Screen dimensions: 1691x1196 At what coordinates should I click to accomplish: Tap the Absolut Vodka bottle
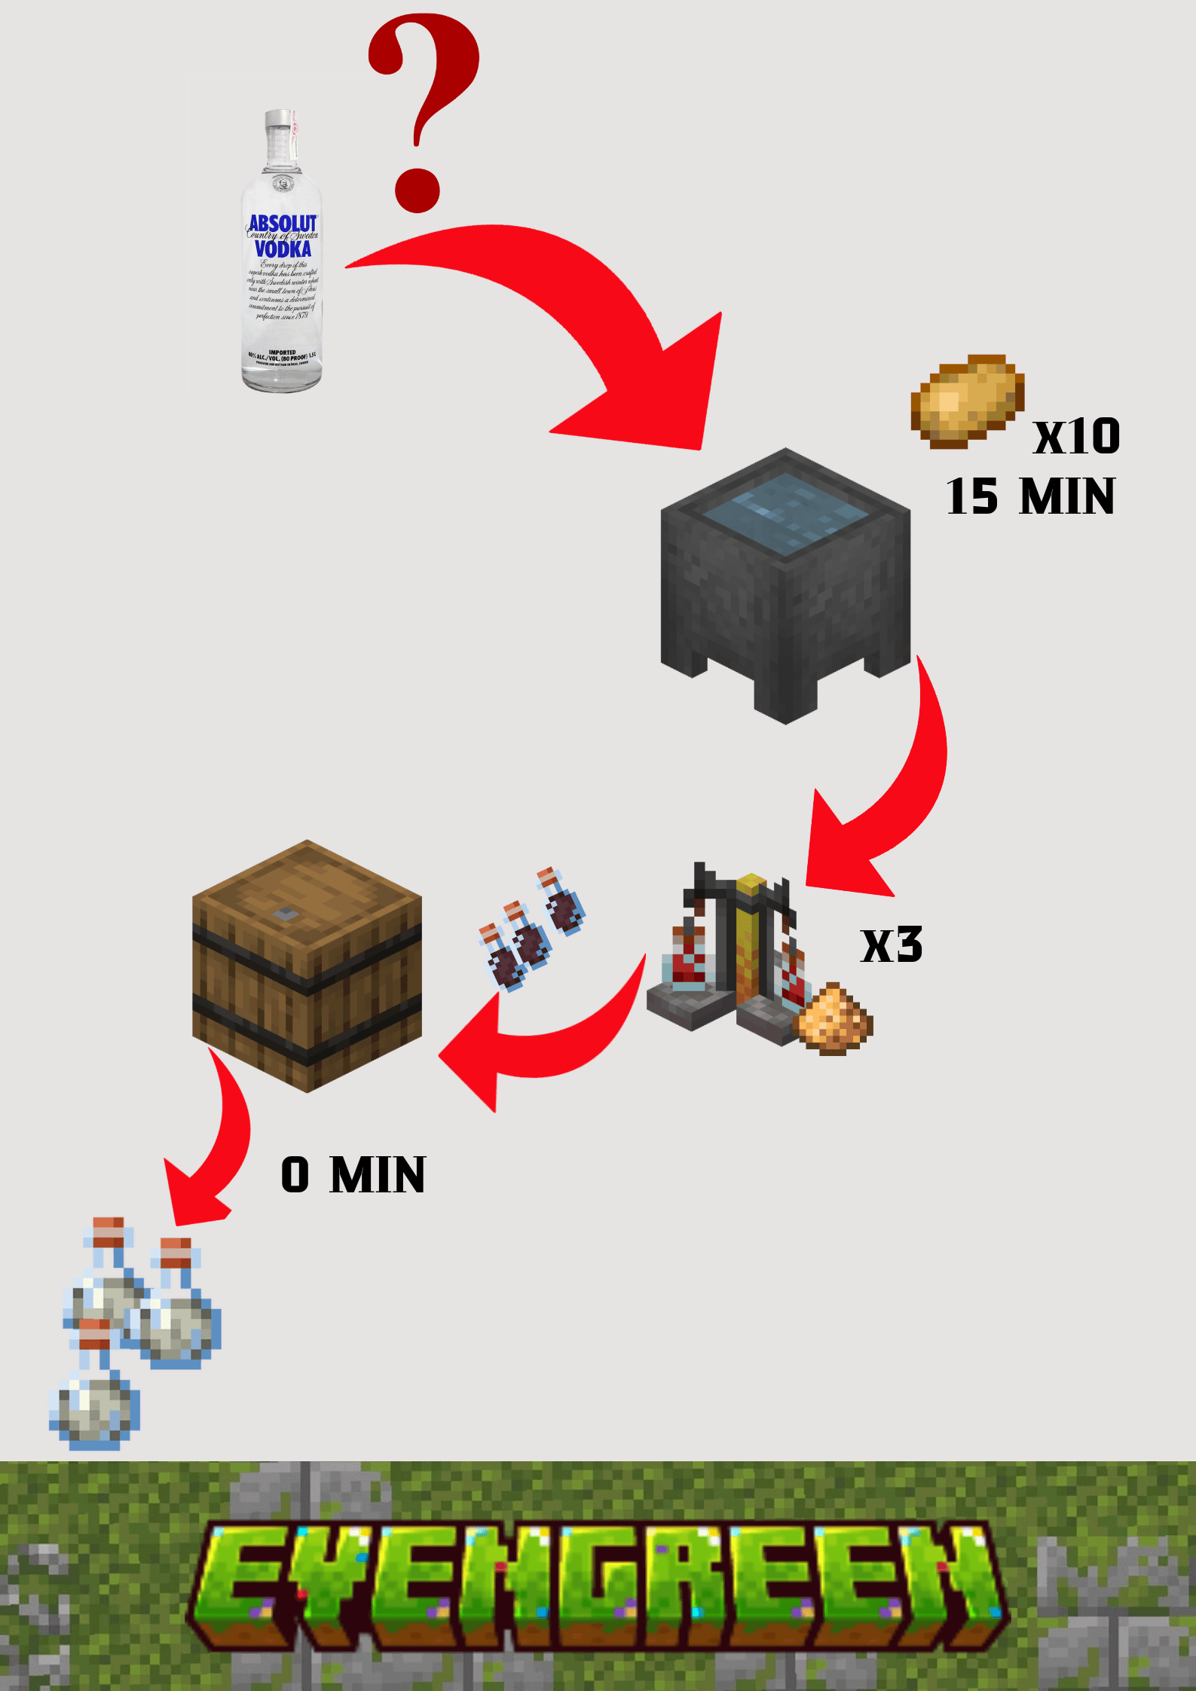(282, 256)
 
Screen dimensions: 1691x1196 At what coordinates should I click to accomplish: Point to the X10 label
(1076, 437)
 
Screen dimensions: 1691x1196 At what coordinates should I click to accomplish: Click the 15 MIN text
(1030, 497)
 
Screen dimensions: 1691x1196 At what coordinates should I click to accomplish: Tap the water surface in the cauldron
(785, 513)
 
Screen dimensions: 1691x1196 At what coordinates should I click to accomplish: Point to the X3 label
(892, 945)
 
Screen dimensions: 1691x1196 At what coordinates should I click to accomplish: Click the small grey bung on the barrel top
(285, 914)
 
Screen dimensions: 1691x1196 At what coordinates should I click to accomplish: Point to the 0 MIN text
(353, 1175)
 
